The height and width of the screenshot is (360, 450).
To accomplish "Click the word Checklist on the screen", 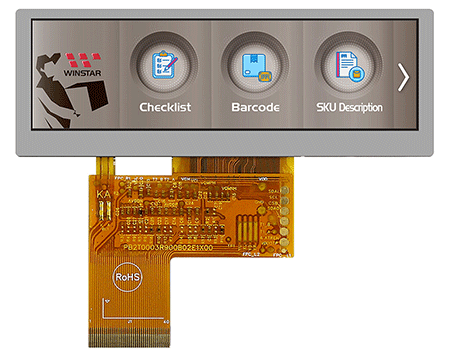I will [x=165, y=106].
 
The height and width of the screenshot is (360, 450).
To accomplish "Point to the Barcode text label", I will [x=254, y=106].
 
